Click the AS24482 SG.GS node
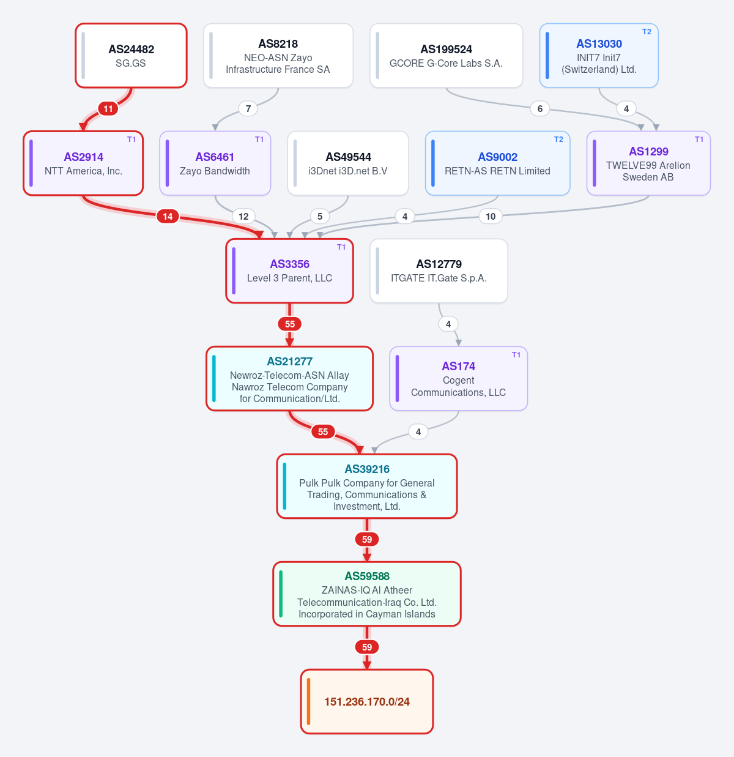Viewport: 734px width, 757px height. tap(131, 56)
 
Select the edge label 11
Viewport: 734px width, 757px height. tap(108, 108)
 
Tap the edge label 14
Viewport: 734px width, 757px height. tap(168, 216)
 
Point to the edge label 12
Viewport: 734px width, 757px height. tap(243, 216)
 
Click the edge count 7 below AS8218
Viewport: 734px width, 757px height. tap(248, 108)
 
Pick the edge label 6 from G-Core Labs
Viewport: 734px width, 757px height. tap(540, 108)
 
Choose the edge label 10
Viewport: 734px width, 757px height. tap(491, 216)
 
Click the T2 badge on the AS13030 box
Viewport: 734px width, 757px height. tap(647, 32)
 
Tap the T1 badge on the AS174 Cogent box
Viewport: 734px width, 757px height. tap(516, 355)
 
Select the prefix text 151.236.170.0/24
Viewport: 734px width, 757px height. tap(367, 702)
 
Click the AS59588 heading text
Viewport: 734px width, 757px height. tap(367, 576)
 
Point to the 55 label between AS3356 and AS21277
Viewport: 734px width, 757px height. tap(290, 324)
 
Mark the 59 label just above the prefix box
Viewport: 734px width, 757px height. tap(367, 647)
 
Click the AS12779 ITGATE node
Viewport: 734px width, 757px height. tap(439, 270)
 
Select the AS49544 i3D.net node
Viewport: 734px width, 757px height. tap(348, 163)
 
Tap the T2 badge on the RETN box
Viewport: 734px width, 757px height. tap(558, 140)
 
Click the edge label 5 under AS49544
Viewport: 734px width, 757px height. tap(319, 216)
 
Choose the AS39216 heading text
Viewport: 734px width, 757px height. tap(367, 469)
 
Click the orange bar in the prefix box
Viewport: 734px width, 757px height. tap(308, 702)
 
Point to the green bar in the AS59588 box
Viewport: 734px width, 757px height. tap(281, 594)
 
